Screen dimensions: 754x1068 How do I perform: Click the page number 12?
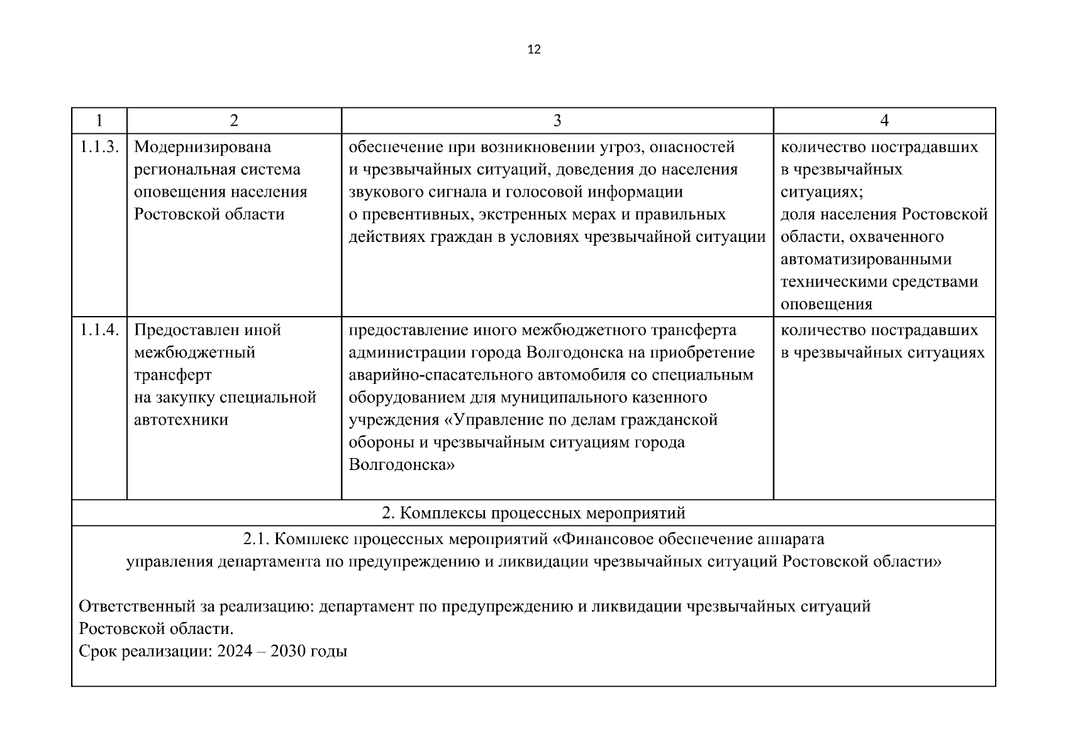pos(533,50)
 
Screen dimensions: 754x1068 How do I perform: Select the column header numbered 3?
pos(557,121)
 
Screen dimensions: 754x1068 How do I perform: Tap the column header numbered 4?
pos(884,121)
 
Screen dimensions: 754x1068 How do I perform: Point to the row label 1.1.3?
pos(99,147)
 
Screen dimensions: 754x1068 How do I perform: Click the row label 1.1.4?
pos(99,330)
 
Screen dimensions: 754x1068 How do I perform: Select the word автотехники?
pos(181,420)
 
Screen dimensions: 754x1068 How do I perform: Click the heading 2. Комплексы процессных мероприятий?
pos(533,513)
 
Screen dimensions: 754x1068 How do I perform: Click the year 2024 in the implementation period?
pos(235,651)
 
